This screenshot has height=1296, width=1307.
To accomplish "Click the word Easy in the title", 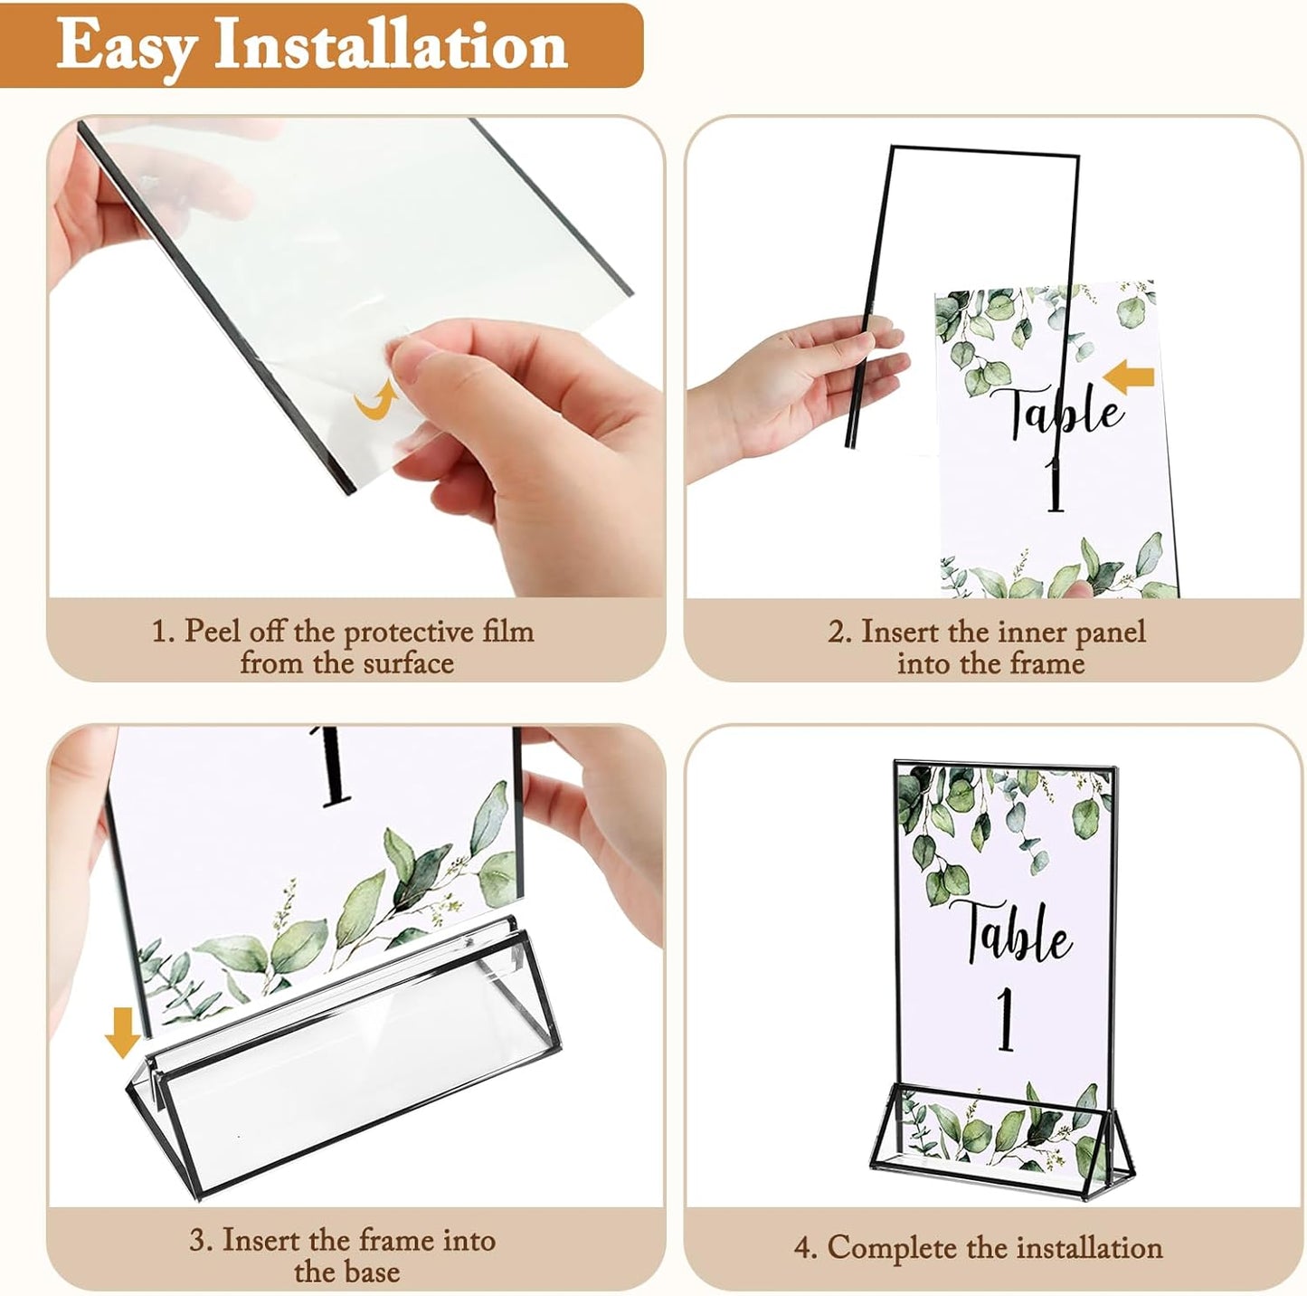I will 125,45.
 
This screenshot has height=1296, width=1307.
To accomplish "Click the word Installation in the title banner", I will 391,45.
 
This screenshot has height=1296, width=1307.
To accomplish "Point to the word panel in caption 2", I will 1104,631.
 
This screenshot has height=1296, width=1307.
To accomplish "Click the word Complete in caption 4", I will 892,1248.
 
